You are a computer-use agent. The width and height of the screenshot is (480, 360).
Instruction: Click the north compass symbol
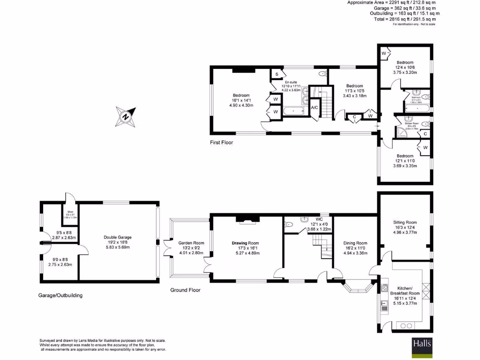(x=126, y=116)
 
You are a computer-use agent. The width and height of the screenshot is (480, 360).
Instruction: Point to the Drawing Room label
(x=245, y=243)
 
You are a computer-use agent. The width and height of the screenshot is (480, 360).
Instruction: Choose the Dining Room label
(x=355, y=243)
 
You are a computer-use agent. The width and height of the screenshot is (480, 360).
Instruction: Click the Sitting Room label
(x=405, y=222)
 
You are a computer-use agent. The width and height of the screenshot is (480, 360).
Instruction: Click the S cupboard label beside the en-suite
(x=277, y=75)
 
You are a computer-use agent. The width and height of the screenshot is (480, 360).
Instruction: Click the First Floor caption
(x=221, y=142)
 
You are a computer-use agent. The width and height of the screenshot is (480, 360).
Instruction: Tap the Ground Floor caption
(x=185, y=290)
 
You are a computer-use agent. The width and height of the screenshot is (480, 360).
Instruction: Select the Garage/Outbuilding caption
(x=61, y=295)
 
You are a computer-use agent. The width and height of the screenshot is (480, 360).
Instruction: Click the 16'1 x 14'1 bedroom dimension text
(x=241, y=100)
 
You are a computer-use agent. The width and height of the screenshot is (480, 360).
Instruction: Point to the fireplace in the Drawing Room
(x=246, y=218)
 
